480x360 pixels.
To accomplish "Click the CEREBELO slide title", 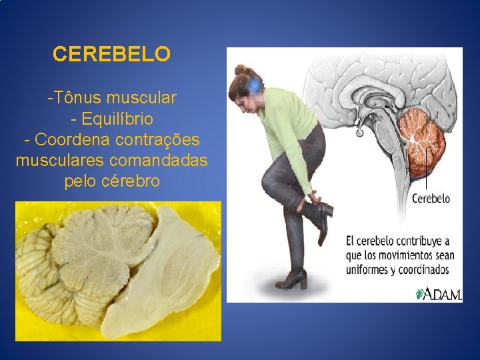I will (x=111, y=54).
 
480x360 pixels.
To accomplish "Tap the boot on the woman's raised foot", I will (x=318, y=217).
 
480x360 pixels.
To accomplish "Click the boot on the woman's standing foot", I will (x=291, y=278).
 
